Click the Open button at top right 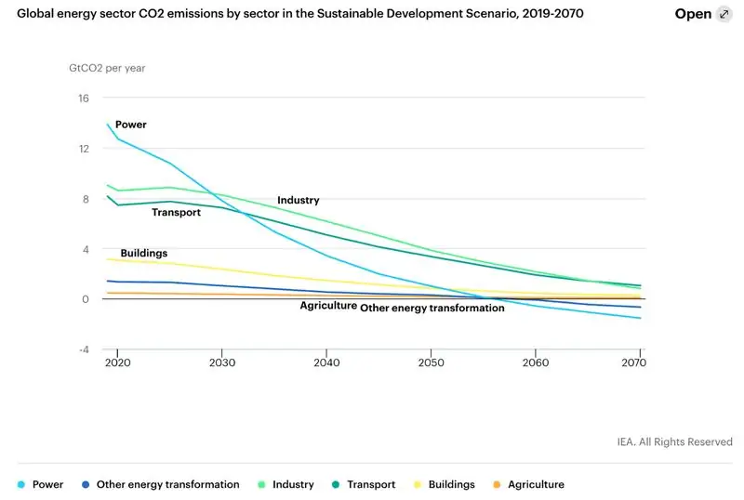point(705,15)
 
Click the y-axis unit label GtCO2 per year point(107,68)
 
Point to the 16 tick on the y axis point(84,99)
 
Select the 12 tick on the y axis point(84,149)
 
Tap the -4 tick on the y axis point(83,349)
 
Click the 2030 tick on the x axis point(221,362)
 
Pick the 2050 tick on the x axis point(431,362)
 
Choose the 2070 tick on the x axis point(639,362)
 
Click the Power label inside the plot point(131,125)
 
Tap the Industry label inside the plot point(298,201)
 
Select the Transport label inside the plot point(177,213)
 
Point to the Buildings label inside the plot point(144,253)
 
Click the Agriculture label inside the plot point(328,306)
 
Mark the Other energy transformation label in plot point(432,308)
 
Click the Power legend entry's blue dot point(20,485)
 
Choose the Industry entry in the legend point(287,485)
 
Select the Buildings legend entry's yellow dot point(418,485)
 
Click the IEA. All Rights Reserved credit point(674,441)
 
